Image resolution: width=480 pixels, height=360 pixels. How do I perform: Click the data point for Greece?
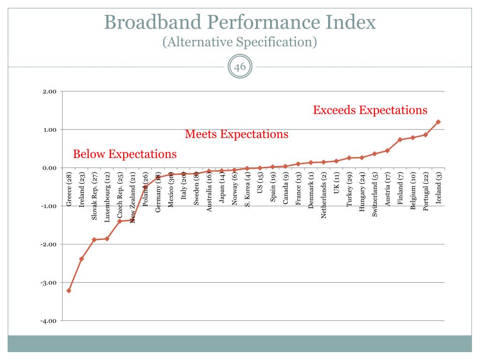69,291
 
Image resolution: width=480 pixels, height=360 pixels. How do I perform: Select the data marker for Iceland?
438,122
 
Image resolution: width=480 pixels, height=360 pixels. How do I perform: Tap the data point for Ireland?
82,259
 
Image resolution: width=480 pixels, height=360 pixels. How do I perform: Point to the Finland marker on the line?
400,140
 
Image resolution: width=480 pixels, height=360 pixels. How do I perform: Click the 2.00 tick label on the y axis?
49,91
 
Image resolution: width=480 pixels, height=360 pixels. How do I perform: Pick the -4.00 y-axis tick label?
48,321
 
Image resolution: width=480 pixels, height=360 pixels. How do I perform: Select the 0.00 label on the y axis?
49,168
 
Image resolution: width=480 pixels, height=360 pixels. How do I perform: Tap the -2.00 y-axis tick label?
48,245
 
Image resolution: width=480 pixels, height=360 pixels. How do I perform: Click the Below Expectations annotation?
125,154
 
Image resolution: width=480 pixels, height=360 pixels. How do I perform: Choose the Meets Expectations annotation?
237,135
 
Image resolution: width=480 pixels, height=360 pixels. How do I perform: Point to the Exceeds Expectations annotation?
370,110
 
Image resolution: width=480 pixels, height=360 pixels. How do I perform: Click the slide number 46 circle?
240,67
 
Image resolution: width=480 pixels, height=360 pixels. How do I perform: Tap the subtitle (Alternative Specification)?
240,42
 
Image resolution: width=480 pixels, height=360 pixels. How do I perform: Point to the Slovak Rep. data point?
94,240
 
